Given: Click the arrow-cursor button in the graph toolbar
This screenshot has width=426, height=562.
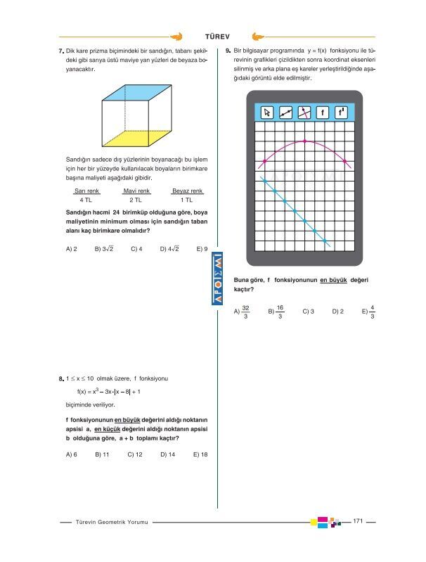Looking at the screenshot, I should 267,113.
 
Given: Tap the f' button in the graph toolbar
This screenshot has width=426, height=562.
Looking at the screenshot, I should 340,113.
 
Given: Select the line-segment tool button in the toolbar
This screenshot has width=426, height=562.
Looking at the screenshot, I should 285,113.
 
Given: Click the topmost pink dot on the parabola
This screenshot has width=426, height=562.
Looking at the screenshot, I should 304,141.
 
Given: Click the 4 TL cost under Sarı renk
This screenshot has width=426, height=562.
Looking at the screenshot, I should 86,200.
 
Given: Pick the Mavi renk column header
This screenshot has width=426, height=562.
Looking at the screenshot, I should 136,191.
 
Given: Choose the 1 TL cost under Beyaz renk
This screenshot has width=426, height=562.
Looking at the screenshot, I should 187,200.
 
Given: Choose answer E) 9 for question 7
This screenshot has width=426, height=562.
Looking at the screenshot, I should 202,248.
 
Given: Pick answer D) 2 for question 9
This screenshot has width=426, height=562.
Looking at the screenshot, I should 337,311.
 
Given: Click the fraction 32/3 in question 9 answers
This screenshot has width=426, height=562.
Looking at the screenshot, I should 245,312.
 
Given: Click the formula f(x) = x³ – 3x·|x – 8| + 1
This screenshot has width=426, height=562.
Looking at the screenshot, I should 109,392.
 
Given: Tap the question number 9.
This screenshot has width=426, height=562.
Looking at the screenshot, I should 228,51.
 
